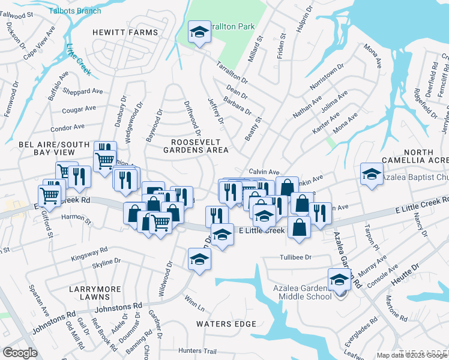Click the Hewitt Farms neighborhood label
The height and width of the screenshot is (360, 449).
(125, 32)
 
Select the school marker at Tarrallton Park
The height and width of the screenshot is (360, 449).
(198, 33)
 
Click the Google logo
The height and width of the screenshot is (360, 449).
(20, 353)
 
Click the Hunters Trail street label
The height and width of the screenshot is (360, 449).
(197, 351)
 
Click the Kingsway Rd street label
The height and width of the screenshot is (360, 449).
(89, 252)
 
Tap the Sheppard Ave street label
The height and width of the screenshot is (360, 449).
(84, 91)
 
